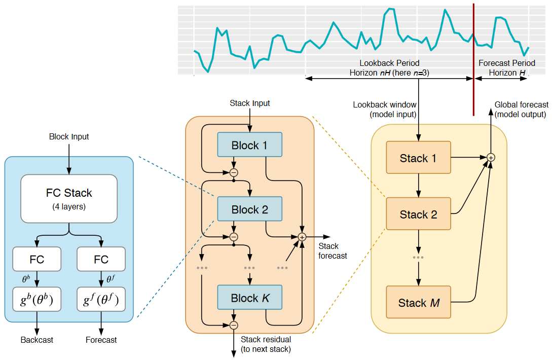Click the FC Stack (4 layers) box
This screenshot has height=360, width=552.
tap(69, 198)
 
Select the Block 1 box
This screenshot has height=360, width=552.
tap(249, 146)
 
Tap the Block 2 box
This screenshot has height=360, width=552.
tap(249, 209)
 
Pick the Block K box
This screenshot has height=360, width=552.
tap(249, 298)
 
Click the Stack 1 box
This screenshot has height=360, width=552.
tap(418, 158)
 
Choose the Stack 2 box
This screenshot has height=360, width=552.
tap(418, 214)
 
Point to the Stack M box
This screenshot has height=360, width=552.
tap(418, 303)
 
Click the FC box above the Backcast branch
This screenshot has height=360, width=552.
tap(37, 259)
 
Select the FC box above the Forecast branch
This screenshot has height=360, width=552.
tap(101, 259)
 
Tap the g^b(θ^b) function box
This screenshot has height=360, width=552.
tap(37, 300)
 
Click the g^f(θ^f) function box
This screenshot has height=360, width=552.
tap(101, 300)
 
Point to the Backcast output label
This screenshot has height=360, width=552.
tap(37, 340)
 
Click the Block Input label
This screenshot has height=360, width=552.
tap(69, 137)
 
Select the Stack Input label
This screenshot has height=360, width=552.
tap(250, 103)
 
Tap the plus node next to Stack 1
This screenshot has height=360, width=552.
tap(490, 158)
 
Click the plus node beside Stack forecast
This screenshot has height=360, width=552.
tap(303, 237)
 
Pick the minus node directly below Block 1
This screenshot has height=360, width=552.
tap(234, 172)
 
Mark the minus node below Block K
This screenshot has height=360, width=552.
tap(234, 325)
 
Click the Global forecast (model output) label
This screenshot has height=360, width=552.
tap(521, 110)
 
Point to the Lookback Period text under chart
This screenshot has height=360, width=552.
tap(389, 63)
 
